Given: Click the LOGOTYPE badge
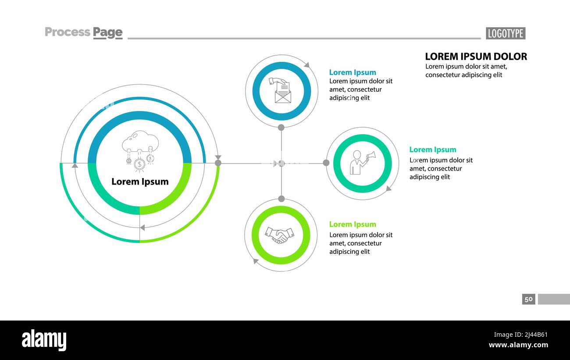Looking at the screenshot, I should [505, 33].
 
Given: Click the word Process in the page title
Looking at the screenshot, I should [68, 32].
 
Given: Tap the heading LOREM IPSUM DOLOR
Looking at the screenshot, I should [476, 56].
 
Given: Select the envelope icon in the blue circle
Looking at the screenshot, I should [282, 91].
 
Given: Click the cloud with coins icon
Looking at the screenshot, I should [140, 150].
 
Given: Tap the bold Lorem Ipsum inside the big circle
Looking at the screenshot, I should [140, 182].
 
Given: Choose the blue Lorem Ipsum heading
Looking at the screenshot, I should [353, 72].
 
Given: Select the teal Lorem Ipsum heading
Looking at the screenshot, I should [432, 150].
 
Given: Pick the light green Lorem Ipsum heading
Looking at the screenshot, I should [353, 224].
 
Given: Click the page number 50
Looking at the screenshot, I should [528, 299].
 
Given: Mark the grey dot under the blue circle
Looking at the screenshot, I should [281, 128].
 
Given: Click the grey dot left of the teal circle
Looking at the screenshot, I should [326, 163].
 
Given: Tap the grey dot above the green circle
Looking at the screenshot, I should [281, 199].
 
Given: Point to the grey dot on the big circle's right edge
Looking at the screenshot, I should [218, 163].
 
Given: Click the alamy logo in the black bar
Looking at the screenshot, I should [44, 340].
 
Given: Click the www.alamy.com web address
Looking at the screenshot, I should [518, 345].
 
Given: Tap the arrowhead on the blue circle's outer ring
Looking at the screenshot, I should [306, 65].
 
